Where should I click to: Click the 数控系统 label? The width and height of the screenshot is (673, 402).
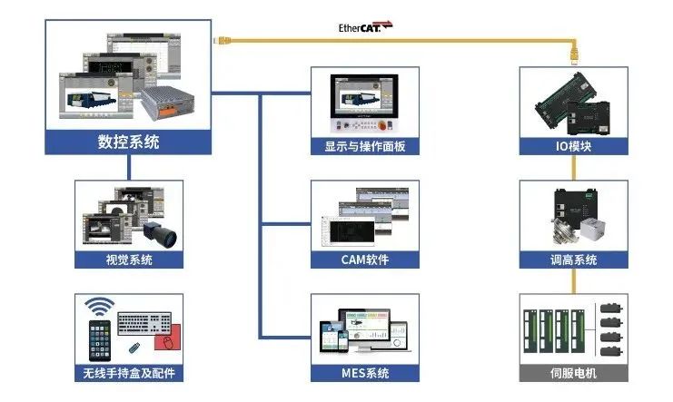pos(128,142)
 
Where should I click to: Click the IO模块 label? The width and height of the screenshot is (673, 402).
pos(573,146)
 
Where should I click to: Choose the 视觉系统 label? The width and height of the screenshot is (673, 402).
pos(128,260)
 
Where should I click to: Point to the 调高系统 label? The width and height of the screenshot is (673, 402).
pos(573,260)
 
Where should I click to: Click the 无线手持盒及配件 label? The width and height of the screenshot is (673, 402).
pos(128,373)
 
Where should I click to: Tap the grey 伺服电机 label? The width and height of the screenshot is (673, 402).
pos(573,373)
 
